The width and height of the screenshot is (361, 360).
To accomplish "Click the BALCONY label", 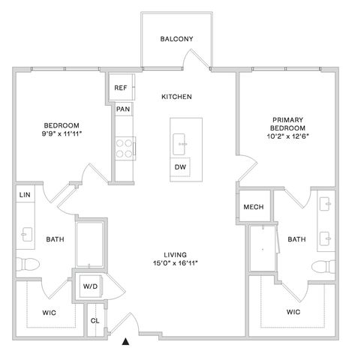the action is tap(176, 39).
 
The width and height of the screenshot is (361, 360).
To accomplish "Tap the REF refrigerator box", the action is tap(122, 87).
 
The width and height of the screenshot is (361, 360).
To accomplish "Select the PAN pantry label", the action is tap(123, 109).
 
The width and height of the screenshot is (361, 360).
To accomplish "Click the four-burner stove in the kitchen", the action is tap(125, 148).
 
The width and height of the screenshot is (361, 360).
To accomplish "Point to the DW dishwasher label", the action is tap(180, 167).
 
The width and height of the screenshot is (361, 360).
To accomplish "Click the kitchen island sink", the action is tap(179, 144).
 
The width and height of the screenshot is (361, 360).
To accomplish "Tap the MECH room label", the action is tap(254, 207).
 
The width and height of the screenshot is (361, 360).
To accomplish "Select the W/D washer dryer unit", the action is tap(90, 286).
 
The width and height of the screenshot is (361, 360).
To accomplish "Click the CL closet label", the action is tap(95, 321).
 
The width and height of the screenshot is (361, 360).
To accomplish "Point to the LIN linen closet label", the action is tap(25, 195).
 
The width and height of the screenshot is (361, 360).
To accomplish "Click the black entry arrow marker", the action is tap(125, 342).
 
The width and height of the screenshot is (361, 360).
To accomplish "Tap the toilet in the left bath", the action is tap(28, 264).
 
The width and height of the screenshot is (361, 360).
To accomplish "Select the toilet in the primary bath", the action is tap(323, 266).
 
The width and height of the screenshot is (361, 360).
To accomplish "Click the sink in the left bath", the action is tap(26, 234).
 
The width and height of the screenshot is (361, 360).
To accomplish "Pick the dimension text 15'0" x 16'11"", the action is tap(176, 263).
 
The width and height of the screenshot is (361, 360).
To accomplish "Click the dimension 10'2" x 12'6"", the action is tap(287, 136).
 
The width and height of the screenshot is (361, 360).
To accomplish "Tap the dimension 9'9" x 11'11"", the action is tap(62, 134).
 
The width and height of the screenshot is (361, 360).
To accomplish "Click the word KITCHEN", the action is tap(176, 97).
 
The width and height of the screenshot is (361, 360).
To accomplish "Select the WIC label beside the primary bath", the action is tap(293, 312).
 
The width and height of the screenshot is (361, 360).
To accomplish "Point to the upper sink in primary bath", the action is tap(326, 204).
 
